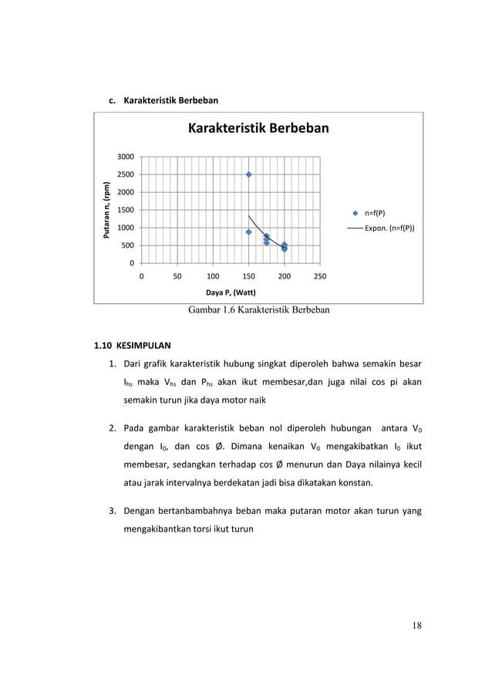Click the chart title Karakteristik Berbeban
(x=258, y=128)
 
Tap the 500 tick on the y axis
(x=125, y=245)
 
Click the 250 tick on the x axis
(x=320, y=275)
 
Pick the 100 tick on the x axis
(x=212, y=275)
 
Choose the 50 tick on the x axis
(x=177, y=275)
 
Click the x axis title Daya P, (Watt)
(x=231, y=292)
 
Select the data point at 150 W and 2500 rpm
(x=248, y=174)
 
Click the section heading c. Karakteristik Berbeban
(x=163, y=100)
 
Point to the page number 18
(x=416, y=625)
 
